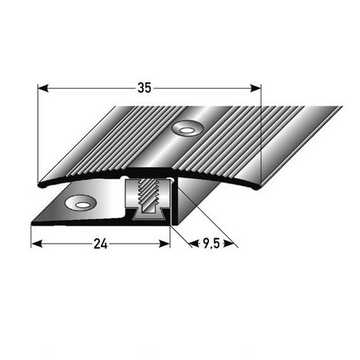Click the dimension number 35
pyautogui.click(x=145, y=89)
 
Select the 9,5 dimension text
pyautogui.click(x=210, y=243)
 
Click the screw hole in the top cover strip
pyautogui.click(x=187, y=130)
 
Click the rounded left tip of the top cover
pyautogui.click(x=40, y=185)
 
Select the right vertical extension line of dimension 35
pyautogui.click(x=261, y=133)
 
